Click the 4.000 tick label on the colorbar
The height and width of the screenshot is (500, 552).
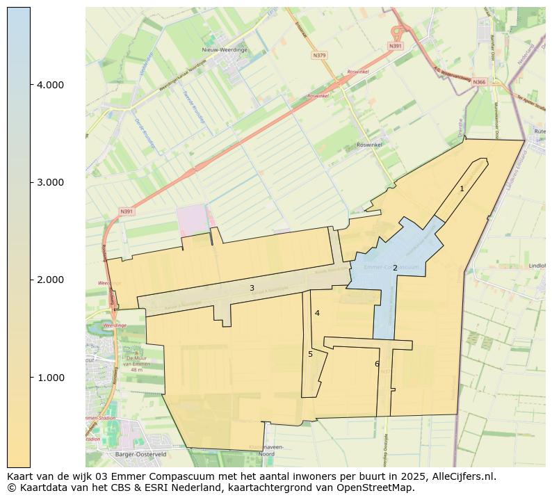50,85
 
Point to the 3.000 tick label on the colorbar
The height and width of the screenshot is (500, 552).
50,182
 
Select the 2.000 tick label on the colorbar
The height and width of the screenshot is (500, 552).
50,280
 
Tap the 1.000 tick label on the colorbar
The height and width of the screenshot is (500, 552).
50,378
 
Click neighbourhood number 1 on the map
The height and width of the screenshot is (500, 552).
462,188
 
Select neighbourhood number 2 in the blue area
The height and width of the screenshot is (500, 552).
395,268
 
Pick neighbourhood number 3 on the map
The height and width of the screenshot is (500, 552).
252,288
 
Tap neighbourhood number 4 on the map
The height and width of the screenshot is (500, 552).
317,313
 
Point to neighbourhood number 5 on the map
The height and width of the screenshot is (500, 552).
310,354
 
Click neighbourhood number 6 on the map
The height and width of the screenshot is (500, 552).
377,364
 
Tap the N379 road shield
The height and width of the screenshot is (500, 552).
319,55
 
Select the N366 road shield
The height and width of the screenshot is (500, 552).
479,82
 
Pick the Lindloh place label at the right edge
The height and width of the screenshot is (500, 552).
537,265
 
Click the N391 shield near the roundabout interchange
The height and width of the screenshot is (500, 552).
395,46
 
